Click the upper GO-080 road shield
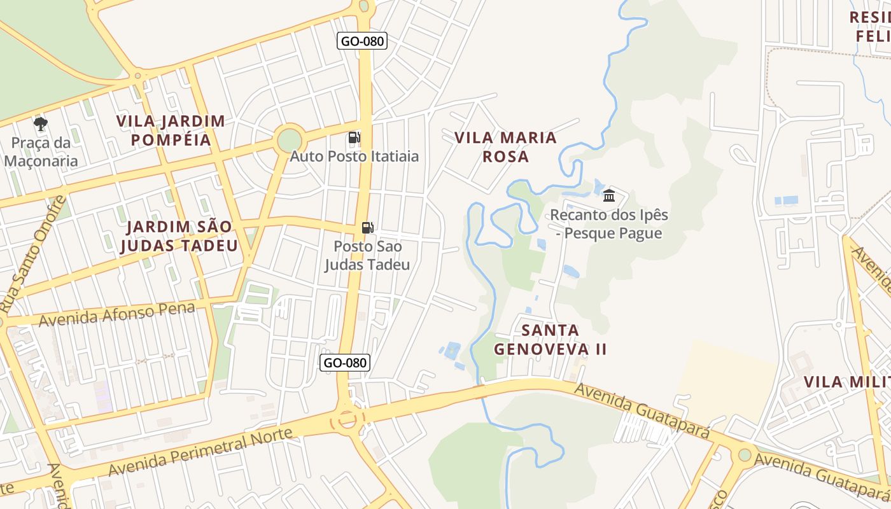tap(361, 41)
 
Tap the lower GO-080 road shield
tap(344, 363)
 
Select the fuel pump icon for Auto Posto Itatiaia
tap(354, 137)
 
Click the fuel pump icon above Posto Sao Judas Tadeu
tap(367, 227)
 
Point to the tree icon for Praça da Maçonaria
tap(41, 123)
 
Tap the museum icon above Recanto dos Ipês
tap(609, 195)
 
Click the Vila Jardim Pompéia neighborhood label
tap(171, 130)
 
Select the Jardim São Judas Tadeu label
tap(179, 236)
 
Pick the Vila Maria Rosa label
tap(505, 146)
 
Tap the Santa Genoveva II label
tap(550, 339)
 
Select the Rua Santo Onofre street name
tap(33, 254)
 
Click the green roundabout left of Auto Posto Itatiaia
tap(290, 140)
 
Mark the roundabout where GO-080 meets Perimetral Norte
tap(347, 419)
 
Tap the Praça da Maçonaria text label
tap(41, 152)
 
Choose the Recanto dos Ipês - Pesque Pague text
tap(609, 224)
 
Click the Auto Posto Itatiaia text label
tap(354, 156)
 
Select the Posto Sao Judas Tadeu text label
tap(367, 255)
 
